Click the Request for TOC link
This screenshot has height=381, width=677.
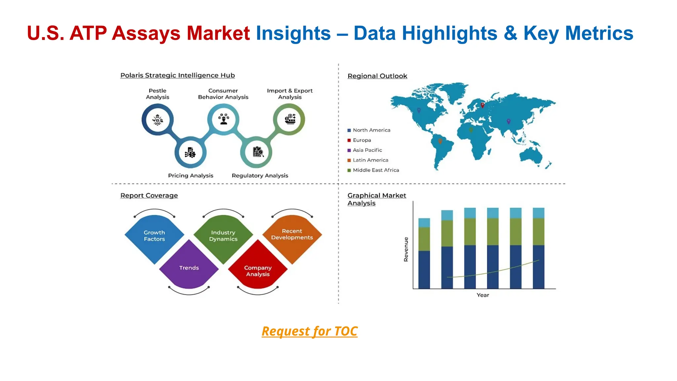point(309,331)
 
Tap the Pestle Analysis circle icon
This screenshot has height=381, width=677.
point(158,119)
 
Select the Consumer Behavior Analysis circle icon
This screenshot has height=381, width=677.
point(223,119)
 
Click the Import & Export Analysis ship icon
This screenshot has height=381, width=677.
point(290,119)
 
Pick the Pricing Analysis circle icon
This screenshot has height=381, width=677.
point(190,152)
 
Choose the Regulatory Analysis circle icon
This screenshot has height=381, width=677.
point(258,152)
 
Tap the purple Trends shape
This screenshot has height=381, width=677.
point(189,266)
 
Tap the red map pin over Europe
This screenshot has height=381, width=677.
point(483,105)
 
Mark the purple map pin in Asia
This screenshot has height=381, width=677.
point(508,121)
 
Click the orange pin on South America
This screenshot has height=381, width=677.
point(440,141)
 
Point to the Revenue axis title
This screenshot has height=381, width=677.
point(406,249)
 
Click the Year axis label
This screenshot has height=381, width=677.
point(483,295)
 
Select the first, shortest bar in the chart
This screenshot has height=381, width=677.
point(424,253)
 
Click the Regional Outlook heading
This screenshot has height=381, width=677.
point(377,76)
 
